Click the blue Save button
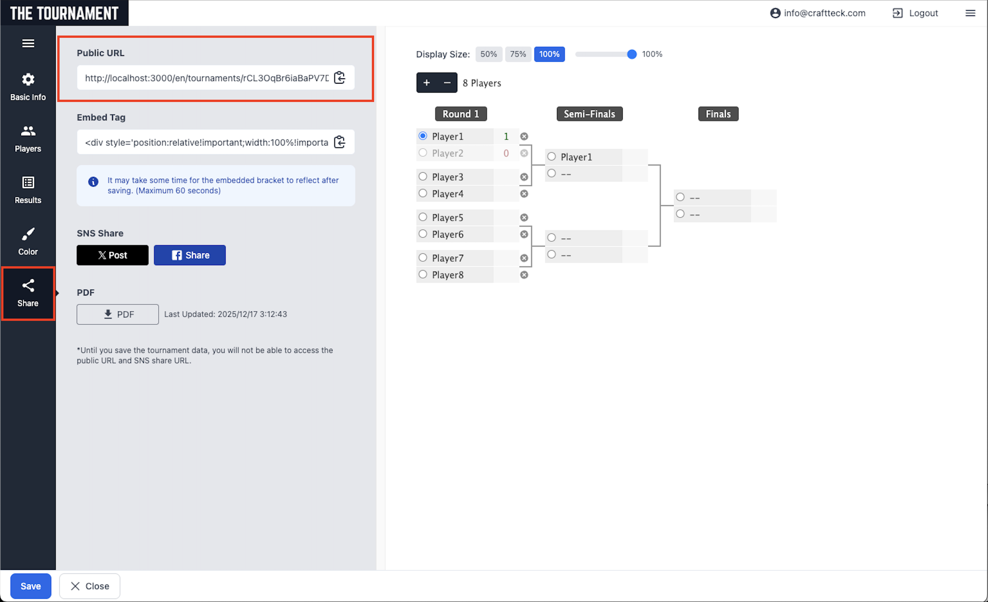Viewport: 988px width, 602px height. point(31,586)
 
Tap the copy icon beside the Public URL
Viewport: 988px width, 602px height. point(340,78)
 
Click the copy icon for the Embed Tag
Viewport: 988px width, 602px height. point(340,142)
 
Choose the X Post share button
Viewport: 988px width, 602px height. point(112,255)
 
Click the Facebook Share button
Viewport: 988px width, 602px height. point(190,255)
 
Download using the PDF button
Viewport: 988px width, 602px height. point(118,314)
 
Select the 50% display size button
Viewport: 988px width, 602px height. point(488,54)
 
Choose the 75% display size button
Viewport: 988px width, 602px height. point(518,54)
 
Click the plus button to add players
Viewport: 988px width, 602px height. point(427,83)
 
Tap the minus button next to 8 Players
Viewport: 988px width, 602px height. point(447,83)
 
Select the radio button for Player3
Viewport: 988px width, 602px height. point(423,176)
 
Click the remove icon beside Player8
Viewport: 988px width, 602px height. point(524,275)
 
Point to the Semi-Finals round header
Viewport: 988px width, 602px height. point(589,114)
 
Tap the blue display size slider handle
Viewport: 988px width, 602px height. point(631,54)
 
